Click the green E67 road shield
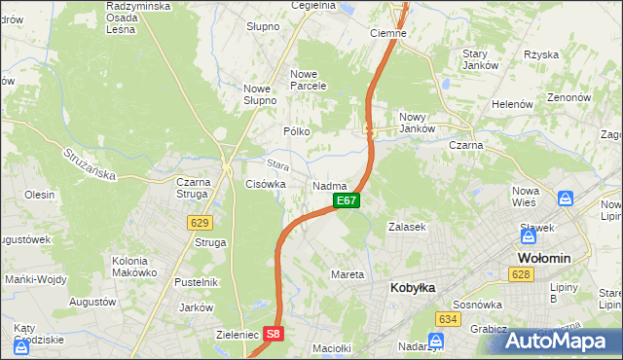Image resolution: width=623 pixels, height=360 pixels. pyautogui.click(x=348, y=200)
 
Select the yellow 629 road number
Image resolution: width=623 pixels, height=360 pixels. pyautogui.click(x=201, y=223)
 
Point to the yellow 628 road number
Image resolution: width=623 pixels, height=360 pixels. pyautogui.click(x=521, y=275)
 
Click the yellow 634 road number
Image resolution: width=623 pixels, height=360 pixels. pyautogui.click(x=447, y=318)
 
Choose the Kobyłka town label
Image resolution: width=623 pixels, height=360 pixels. pyautogui.click(x=412, y=288)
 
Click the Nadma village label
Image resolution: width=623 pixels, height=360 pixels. pyautogui.click(x=330, y=185)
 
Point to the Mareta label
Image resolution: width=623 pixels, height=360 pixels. pyautogui.click(x=348, y=274)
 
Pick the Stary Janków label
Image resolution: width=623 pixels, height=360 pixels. pyautogui.click(x=480, y=59)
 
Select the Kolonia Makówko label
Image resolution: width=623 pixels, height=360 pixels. pyautogui.click(x=134, y=266)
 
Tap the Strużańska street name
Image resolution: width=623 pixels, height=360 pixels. pyautogui.click(x=90, y=164)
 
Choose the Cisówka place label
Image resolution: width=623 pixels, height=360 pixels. pyautogui.click(x=265, y=184)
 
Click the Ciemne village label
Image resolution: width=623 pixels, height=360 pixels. pyautogui.click(x=388, y=32)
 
